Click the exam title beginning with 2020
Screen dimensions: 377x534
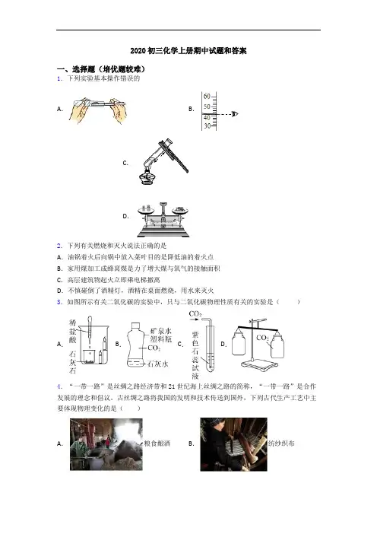pyautogui.click(x=188, y=51)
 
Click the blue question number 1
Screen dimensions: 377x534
pyautogui.click(x=59, y=78)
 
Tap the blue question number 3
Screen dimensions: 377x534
pyautogui.click(x=59, y=302)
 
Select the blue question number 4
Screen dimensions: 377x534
pyautogui.click(x=59, y=386)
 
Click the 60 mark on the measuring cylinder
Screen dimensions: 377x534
pyautogui.click(x=207, y=97)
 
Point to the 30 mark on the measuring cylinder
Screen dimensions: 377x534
pyautogui.click(x=207, y=126)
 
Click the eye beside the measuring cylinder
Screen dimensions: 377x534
pyautogui.click(x=234, y=114)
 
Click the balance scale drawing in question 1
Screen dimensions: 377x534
pyautogui.click(x=163, y=219)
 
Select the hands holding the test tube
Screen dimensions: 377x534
pyautogui.click(x=97, y=110)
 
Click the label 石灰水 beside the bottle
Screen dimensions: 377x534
pyautogui.click(x=157, y=364)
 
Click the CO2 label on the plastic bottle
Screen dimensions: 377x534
pyautogui.click(x=154, y=348)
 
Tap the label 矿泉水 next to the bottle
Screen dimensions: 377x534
pyautogui.click(x=161, y=331)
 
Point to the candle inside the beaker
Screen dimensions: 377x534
pyautogui.click(x=104, y=348)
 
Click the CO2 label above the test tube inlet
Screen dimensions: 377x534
pyautogui.click(x=195, y=313)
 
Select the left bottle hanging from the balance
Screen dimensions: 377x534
pyautogui.click(x=239, y=345)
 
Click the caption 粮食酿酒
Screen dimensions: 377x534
pyautogui.click(x=157, y=443)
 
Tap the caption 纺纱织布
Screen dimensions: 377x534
pyautogui.click(x=281, y=443)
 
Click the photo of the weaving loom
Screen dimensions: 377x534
pyautogui.click(x=233, y=444)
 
